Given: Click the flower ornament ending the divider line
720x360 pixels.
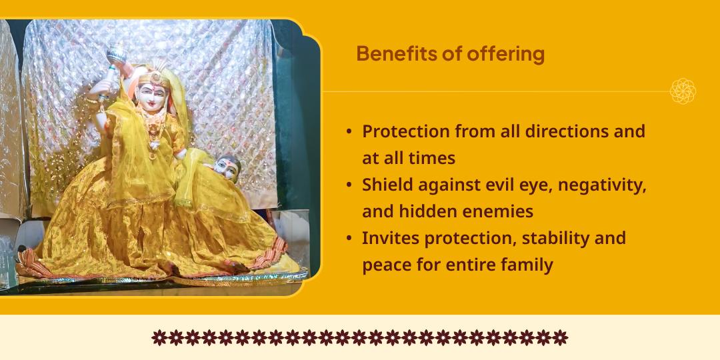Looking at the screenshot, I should tap(683, 91).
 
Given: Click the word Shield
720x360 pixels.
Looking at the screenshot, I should tap(387, 185).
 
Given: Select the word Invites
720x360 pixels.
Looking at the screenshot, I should tap(391, 238).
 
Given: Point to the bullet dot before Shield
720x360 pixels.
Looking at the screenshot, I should tap(349, 185).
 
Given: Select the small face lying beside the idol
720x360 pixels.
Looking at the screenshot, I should tap(229, 167).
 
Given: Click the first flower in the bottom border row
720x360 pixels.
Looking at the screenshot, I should tap(159, 337).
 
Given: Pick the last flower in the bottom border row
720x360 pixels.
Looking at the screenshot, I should tap(561, 337).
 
